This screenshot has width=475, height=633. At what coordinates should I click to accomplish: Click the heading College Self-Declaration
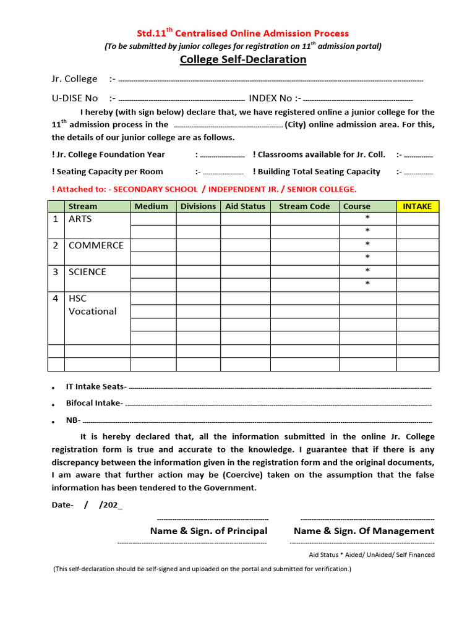point(242,59)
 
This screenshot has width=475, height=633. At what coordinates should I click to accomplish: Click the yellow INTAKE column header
point(417,206)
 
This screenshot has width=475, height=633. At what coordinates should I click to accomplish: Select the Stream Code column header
point(304,206)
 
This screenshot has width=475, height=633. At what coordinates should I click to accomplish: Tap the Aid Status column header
point(245,206)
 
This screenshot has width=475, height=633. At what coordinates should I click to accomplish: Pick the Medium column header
point(152,206)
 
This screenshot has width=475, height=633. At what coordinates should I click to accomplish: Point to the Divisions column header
point(199,206)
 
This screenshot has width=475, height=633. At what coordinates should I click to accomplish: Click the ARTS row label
point(80,219)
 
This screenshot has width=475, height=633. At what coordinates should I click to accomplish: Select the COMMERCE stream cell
point(96,245)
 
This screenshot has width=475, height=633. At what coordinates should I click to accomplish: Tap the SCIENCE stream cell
point(87,272)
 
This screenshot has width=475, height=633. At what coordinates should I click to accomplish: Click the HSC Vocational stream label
point(92,305)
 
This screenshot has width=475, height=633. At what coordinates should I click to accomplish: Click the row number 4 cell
point(56,299)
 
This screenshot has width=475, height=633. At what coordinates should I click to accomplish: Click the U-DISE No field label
point(75,98)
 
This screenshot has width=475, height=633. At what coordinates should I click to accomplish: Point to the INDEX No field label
point(270,98)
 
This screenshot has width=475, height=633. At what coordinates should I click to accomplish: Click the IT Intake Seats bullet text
point(96,386)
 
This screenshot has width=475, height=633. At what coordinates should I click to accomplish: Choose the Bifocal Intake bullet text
point(95,403)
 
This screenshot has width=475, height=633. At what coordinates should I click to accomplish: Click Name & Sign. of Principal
point(208,531)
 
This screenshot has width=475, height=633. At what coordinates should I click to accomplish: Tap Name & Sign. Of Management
point(364,531)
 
